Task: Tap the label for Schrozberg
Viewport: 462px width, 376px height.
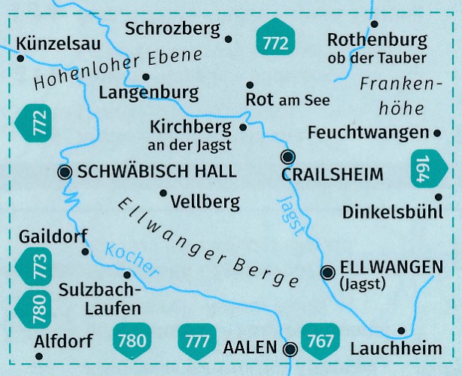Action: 173,29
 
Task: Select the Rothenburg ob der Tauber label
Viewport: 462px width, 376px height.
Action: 377,47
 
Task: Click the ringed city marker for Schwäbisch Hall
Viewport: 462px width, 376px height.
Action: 65,173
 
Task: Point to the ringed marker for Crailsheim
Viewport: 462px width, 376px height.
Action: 287,157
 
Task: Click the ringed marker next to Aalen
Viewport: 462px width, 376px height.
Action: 290,348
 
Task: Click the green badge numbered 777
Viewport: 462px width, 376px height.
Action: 197,341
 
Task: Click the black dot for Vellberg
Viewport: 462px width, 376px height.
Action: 163,193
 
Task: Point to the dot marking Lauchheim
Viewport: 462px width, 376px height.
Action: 401,330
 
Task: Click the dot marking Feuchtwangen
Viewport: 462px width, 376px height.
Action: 438,133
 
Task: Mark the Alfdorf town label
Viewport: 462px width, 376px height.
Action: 63,341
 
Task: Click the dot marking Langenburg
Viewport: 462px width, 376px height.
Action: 146,76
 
